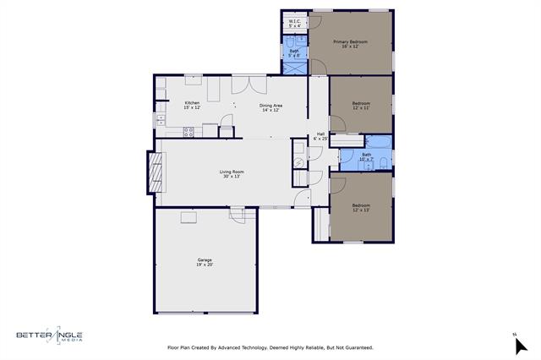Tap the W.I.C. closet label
pos(294,24)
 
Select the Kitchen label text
pos(192,105)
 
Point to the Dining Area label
pos(270,107)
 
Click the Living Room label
pos(231,174)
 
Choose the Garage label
pos(205,262)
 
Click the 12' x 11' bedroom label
pos(362,105)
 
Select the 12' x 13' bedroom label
pos(361,207)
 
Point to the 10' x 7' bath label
pos(366,156)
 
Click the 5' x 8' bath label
pos(293,53)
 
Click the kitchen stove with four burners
pos(189,131)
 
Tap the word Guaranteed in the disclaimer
pos(356,347)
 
